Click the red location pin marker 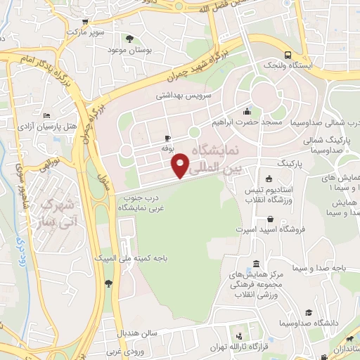(181, 165)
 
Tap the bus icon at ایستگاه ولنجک (288, 56)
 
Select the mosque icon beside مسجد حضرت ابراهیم (247, 111)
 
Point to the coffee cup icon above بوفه (167, 138)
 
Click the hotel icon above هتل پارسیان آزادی (47, 115)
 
